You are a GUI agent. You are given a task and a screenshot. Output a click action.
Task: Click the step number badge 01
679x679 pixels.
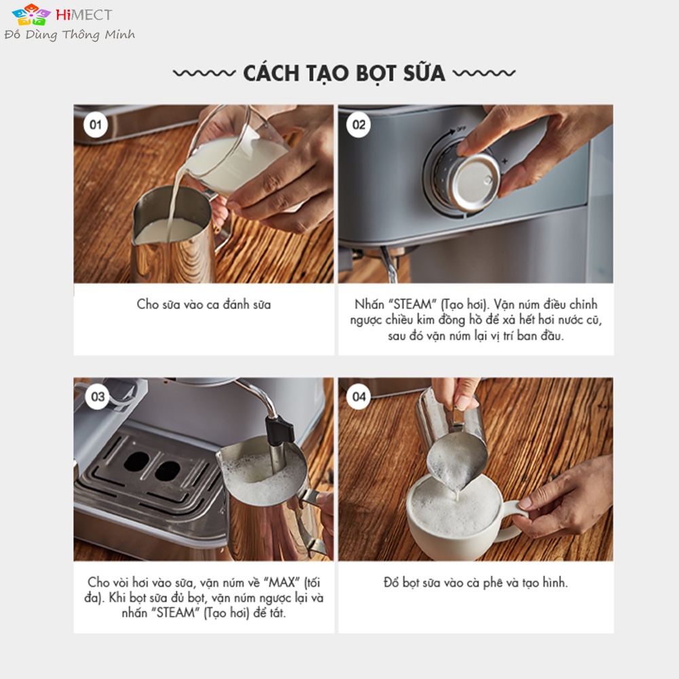tap(95, 125)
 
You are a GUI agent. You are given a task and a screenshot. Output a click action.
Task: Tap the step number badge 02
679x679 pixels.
tap(359, 125)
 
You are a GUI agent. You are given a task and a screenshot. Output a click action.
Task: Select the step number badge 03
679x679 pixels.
tap(97, 397)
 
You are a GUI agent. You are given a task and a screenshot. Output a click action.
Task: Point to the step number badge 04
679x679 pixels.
tap(359, 397)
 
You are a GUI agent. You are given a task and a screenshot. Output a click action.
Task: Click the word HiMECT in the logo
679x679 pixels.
tap(84, 15)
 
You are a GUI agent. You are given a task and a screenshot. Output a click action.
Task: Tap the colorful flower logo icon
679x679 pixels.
tap(31, 15)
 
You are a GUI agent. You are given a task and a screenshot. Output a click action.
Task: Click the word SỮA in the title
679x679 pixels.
tap(424, 73)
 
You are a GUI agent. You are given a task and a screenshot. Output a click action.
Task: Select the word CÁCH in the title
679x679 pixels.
tap(271, 73)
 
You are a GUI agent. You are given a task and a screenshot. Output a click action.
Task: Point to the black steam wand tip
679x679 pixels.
tap(279, 431)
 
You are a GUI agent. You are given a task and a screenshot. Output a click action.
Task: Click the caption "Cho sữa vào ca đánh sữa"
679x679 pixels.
tap(204, 304)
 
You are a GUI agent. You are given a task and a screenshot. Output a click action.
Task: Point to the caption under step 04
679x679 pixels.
tap(475, 583)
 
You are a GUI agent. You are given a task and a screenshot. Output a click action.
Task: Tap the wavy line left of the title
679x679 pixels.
tap(204, 73)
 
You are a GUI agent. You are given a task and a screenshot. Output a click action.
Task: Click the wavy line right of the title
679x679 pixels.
tap(484, 73)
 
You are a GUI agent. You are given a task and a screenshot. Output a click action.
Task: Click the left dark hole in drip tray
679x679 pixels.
tap(136, 462)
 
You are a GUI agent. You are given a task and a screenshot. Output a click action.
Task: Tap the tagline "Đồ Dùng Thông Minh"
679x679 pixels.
tap(70, 35)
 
